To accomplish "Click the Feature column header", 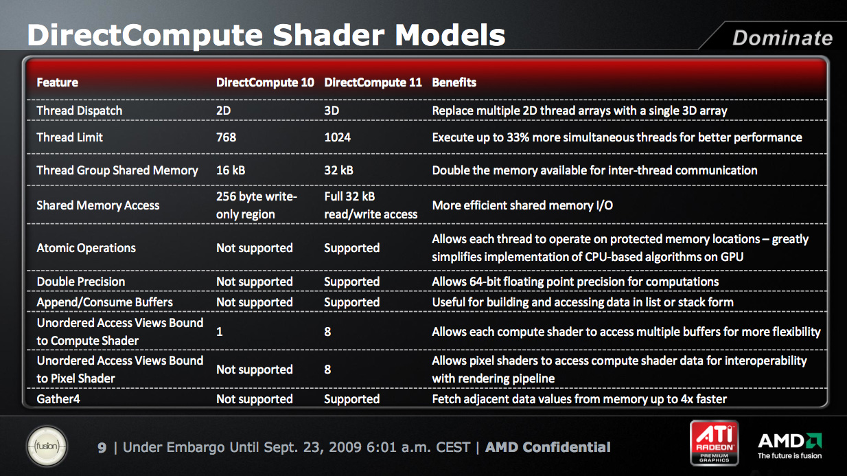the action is (57, 82).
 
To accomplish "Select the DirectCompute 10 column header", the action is (265, 82).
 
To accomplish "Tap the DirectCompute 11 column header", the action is (373, 82).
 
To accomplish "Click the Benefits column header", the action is (454, 82).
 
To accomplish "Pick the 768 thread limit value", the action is (226, 137).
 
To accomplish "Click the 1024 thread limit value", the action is (337, 137).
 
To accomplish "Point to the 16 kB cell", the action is (231, 170).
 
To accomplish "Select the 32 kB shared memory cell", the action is (339, 170).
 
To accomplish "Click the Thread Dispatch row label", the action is (80, 111).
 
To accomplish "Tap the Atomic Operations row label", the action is (86, 248).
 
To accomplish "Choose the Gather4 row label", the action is (58, 399).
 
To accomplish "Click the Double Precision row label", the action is (81, 282).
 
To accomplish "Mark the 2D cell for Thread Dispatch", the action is (224, 111).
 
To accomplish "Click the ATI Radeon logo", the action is (715, 443).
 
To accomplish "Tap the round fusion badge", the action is (47, 446).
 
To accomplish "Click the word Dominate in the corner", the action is (782, 38).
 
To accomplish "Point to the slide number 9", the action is (102, 448).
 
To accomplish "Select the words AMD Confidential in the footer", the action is (548, 447).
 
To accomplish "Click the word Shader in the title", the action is (328, 36).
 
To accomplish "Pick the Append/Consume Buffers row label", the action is (105, 302).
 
